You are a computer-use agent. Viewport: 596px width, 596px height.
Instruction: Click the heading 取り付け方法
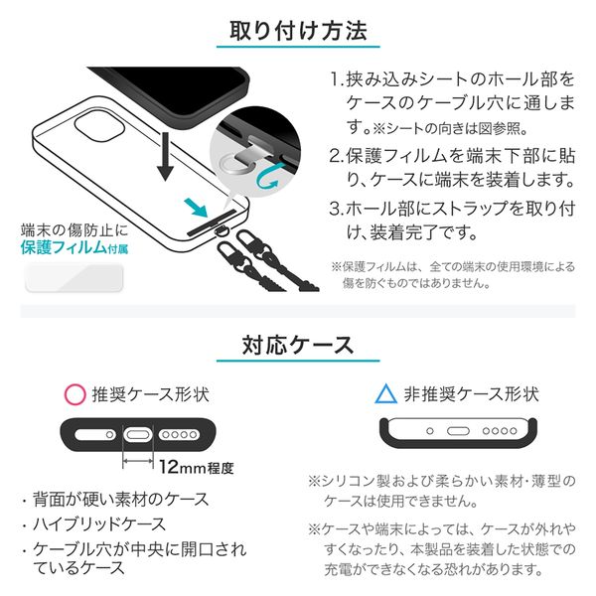(298, 31)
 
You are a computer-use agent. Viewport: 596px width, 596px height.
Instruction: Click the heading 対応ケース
(298, 345)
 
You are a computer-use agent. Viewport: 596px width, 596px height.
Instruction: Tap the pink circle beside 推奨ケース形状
(74, 394)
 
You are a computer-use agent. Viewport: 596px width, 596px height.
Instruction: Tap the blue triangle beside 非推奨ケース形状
(385, 393)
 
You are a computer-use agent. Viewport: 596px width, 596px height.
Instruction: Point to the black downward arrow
(165, 157)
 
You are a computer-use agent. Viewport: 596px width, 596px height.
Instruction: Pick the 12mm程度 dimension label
(196, 468)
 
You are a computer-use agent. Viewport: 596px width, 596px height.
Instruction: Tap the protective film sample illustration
(74, 278)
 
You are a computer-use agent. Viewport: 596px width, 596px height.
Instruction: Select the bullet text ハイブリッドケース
(99, 524)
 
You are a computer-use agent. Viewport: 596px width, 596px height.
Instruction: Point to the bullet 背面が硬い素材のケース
(121, 499)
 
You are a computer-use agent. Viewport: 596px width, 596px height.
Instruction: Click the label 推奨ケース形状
(151, 394)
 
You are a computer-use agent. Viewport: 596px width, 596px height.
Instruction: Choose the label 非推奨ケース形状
(471, 394)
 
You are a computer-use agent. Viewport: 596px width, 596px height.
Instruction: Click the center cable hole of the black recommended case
(138, 434)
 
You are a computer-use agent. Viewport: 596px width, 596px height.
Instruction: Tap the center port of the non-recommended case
(458, 431)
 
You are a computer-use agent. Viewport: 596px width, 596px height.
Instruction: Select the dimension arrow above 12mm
(138, 461)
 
